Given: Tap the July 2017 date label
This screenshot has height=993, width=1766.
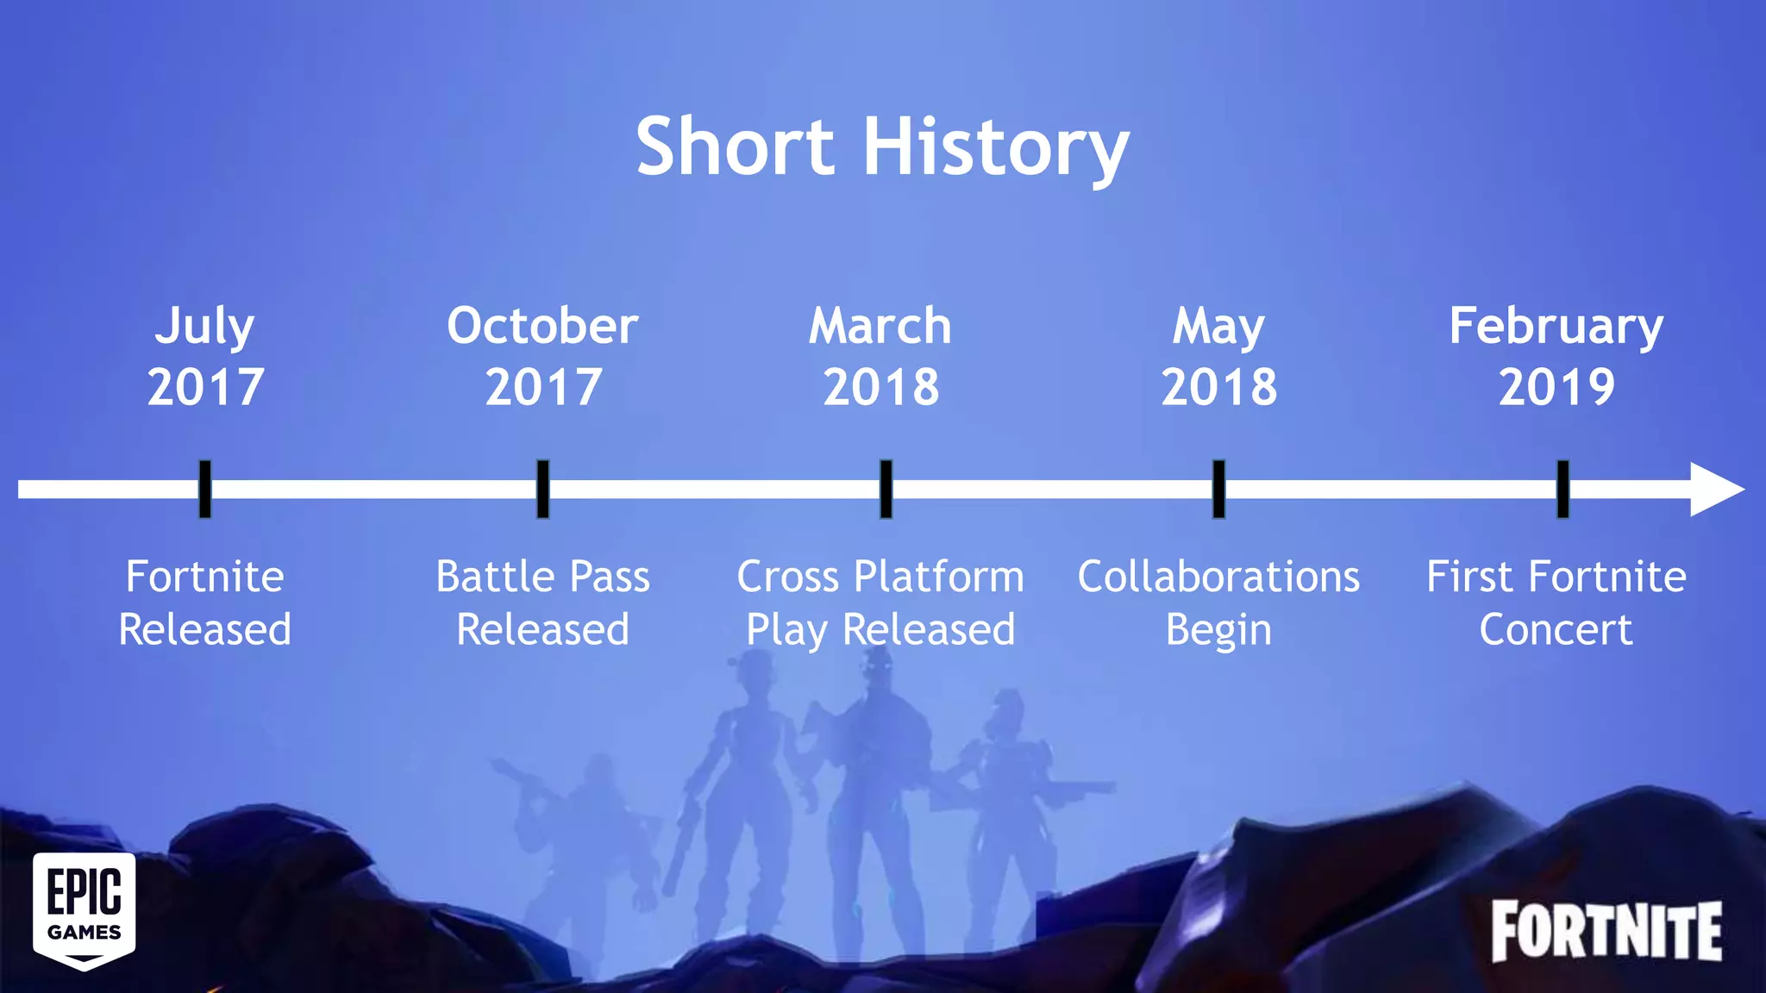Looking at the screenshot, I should (x=205, y=355).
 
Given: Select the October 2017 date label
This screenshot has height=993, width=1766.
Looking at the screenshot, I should (x=542, y=355).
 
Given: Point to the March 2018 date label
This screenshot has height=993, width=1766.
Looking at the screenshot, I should (x=880, y=355).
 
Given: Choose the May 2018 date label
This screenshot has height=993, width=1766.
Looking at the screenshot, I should (x=1218, y=355).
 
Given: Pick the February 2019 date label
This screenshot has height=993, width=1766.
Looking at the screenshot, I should (x=1556, y=355).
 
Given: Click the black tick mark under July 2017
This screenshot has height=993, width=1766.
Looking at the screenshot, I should (x=204, y=489).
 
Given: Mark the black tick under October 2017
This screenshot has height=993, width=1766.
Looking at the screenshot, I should (x=542, y=489).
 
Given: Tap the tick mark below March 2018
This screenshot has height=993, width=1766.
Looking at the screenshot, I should (x=886, y=489).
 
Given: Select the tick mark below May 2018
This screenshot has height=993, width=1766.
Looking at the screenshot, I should (x=1218, y=489).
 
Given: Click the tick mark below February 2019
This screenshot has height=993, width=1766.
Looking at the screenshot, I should (x=1562, y=489).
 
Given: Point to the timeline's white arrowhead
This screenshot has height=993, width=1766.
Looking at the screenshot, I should (x=1714, y=490).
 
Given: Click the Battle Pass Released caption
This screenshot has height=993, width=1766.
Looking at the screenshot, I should (x=542, y=603).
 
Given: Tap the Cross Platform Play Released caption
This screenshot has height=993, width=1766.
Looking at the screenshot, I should (x=880, y=603).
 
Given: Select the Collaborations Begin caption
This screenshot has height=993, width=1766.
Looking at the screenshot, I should (x=1218, y=603).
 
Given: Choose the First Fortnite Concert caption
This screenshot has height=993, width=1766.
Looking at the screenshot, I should (x=1556, y=603).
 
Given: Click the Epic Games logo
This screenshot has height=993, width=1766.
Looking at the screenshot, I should (x=85, y=910).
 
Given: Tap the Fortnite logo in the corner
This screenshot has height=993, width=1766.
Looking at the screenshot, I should (x=1606, y=931).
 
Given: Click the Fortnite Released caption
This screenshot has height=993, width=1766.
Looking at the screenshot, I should (x=205, y=603).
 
